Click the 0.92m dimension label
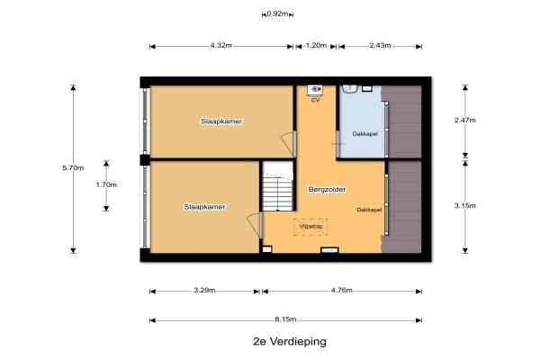pyautogui.click(x=277, y=13)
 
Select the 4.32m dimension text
pyautogui.click(x=221, y=45)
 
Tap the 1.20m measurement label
pyautogui.click(x=316, y=45)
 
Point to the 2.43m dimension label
pyautogui.click(x=380, y=45)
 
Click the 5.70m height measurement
pyautogui.click(x=73, y=167)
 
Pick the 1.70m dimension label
pyautogui.click(x=106, y=184)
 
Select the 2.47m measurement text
pyautogui.click(x=465, y=120)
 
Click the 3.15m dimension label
pyautogui.click(x=465, y=206)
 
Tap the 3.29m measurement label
pyautogui.click(x=204, y=290)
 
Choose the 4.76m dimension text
pyautogui.click(x=342, y=290)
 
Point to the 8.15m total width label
pyautogui.click(x=285, y=319)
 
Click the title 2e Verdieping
pyautogui.click(x=290, y=342)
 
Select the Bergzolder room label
pyautogui.click(x=327, y=190)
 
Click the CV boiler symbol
pyautogui.click(x=315, y=90)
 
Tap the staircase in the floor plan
pyautogui.click(x=277, y=186)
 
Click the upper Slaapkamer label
pyautogui.click(x=221, y=121)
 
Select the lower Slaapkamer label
pyautogui.click(x=204, y=207)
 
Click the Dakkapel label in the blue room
pyautogui.click(x=364, y=134)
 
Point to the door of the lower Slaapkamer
pyautogui.click(x=255, y=225)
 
